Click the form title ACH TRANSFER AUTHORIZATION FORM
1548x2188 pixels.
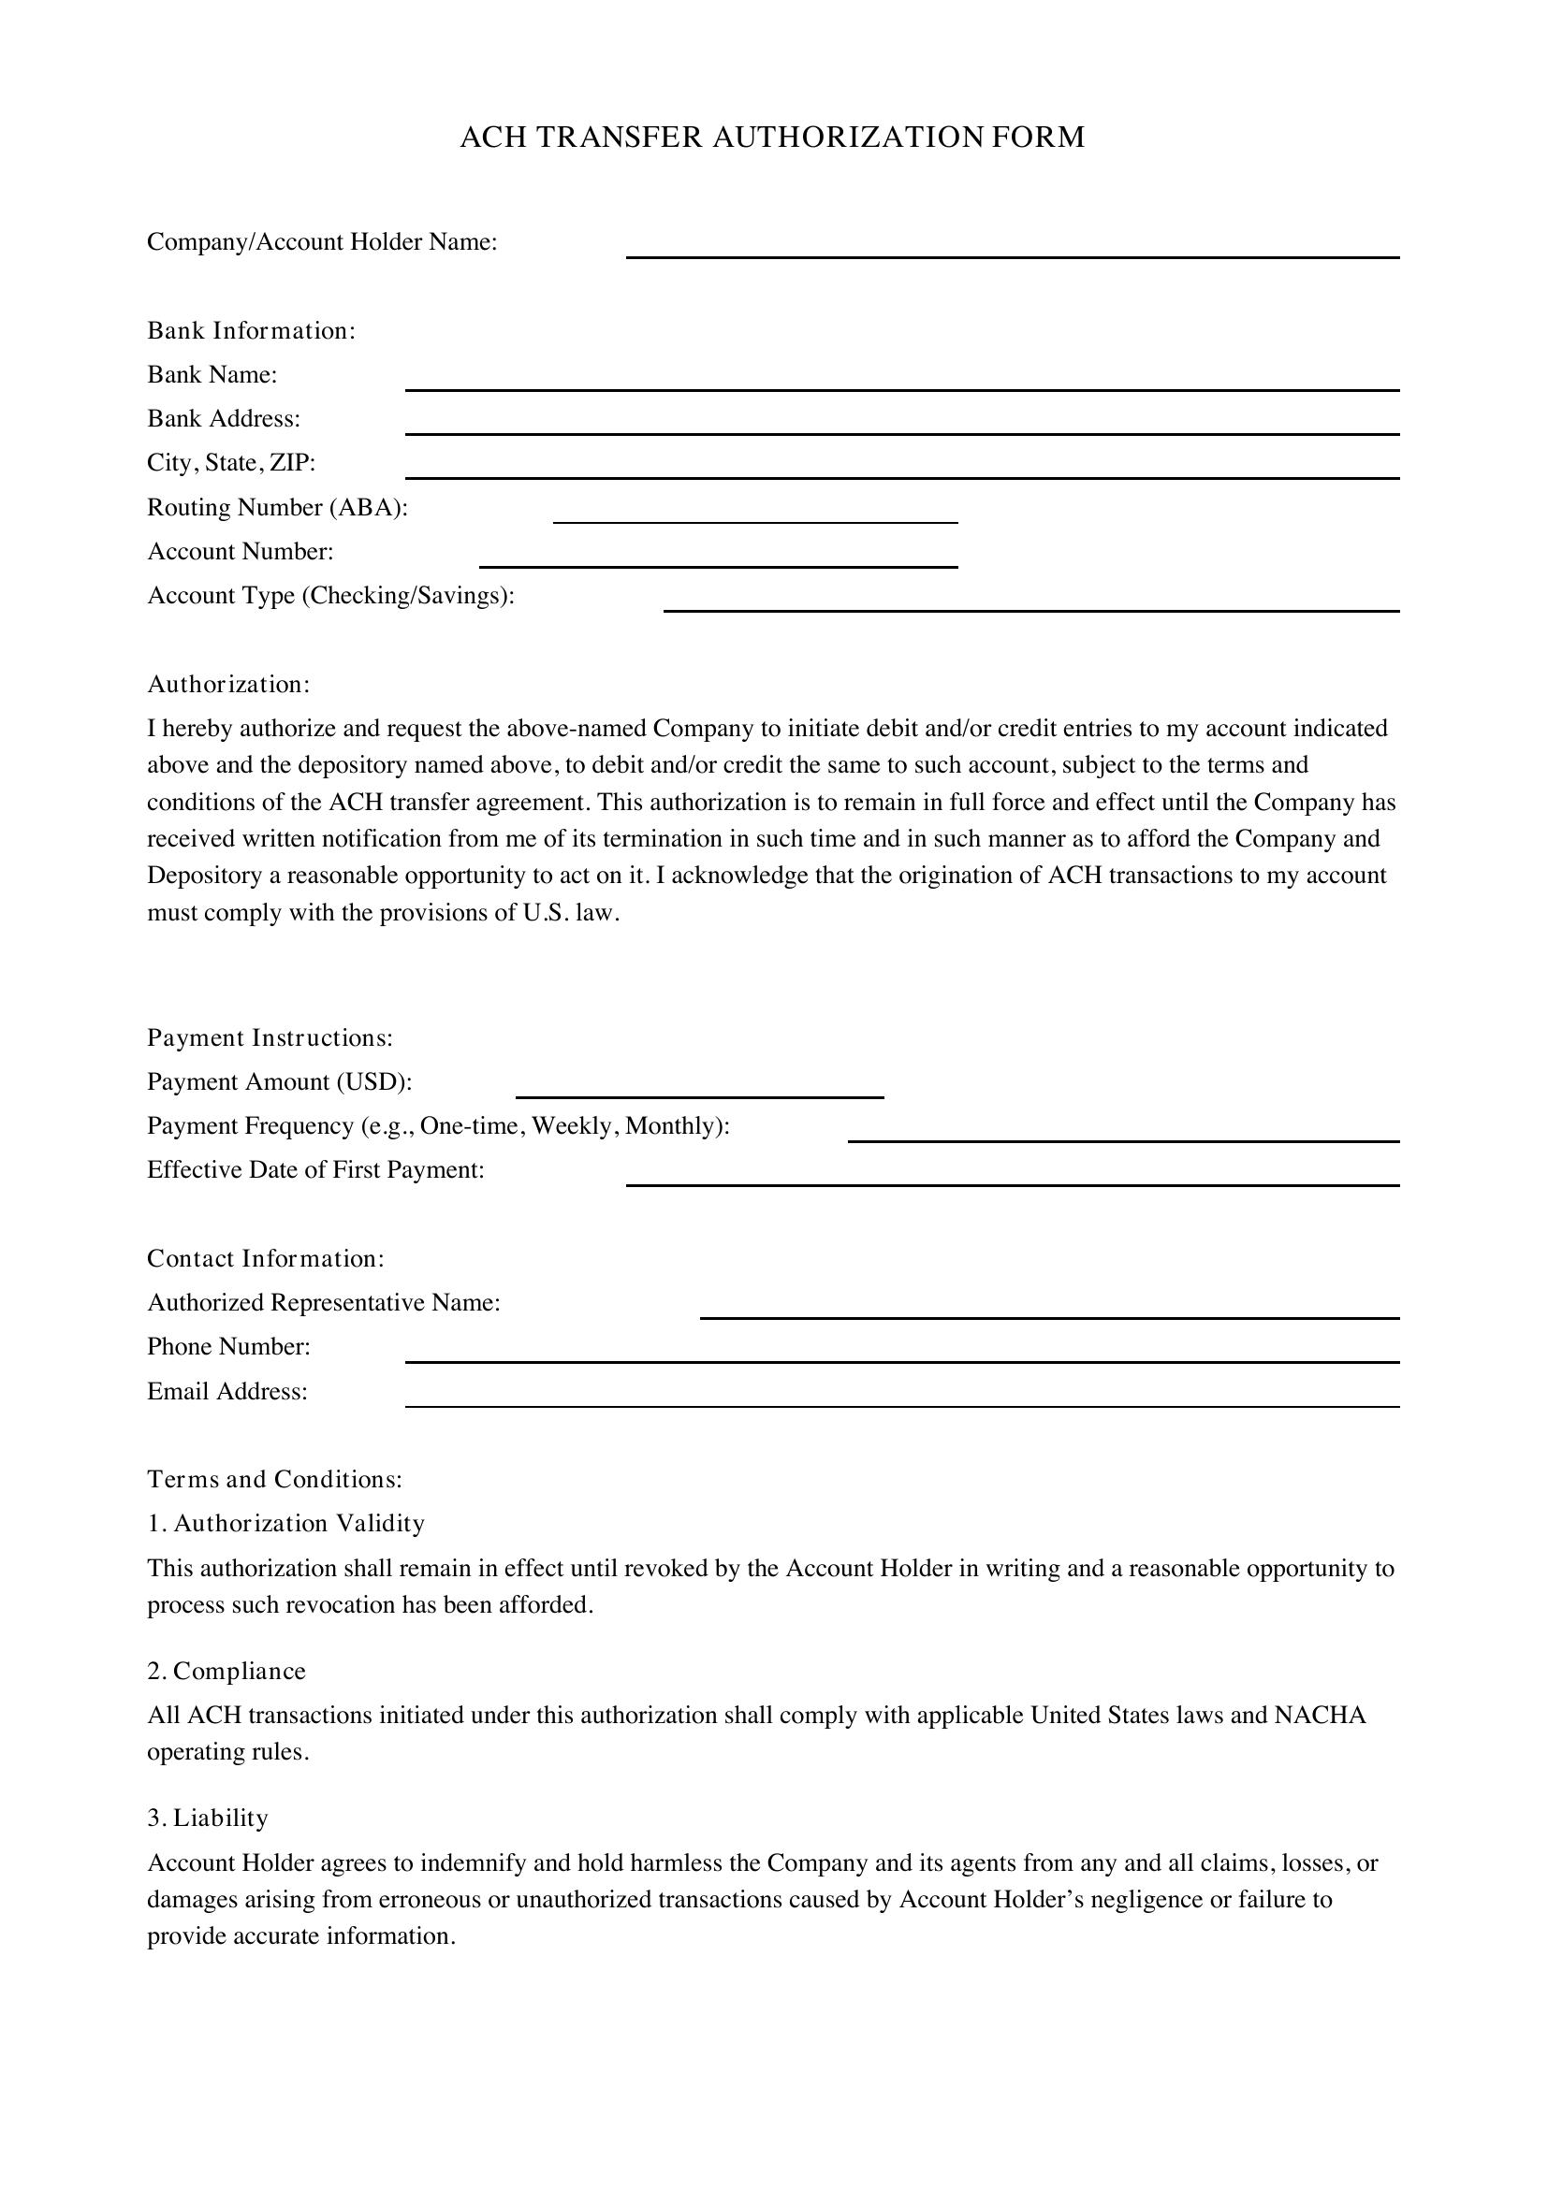772,138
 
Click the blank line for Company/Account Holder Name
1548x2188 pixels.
1012,250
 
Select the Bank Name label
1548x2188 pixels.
212,374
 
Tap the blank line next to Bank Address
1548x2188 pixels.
901,426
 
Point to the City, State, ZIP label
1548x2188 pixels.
230,463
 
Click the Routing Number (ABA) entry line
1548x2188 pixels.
755,514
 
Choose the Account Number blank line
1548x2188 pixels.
718,558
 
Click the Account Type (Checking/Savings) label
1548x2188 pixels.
329,596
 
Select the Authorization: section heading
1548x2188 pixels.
228,684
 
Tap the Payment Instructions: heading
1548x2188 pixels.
270,1037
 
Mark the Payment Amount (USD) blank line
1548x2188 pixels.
700,1090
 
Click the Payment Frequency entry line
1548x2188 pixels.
1123,1134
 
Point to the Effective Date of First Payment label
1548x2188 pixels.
315,1170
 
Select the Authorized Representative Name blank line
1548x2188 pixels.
1048,1311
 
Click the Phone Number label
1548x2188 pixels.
228,1346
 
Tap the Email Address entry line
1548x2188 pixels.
901,1398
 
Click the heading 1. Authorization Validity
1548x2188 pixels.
286,1524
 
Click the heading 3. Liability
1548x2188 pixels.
208,1819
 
